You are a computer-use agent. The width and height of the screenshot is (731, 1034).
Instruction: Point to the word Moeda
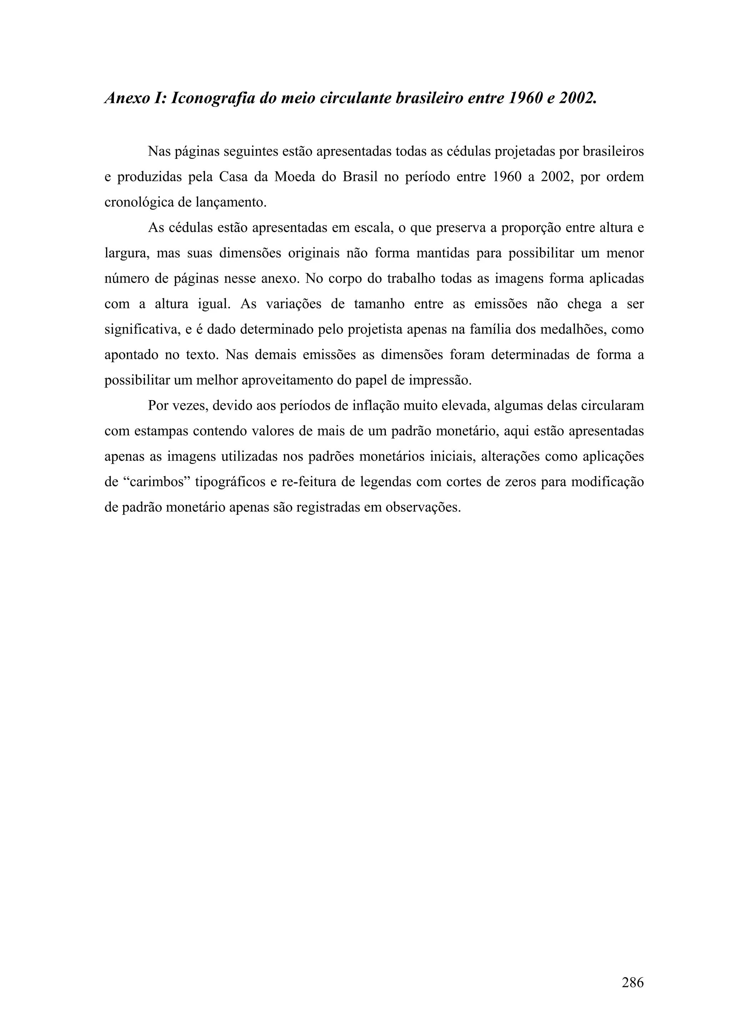click(x=293, y=177)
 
